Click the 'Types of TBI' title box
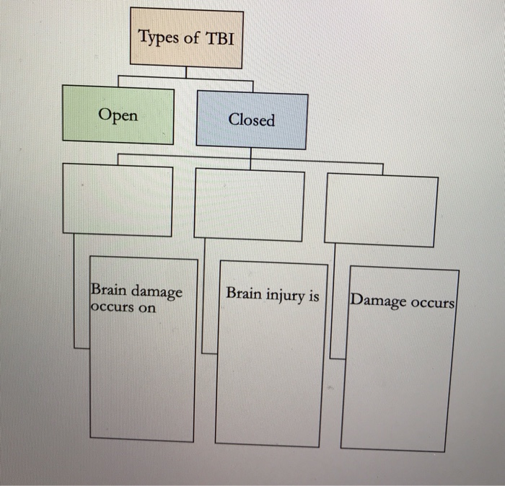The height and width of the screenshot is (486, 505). point(186,37)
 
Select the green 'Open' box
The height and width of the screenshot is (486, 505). point(118,115)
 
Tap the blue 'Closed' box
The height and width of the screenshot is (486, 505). point(252,120)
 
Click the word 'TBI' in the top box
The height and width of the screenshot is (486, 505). point(220,37)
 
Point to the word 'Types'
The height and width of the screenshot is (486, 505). point(159,37)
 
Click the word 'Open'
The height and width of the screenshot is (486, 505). point(118,115)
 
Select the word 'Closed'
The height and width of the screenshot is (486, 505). point(252,120)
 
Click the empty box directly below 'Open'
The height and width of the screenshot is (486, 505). point(118,200)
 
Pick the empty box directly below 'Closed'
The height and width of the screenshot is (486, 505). point(249,205)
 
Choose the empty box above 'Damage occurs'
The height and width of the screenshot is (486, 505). point(380,211)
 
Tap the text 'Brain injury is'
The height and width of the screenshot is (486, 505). point(272,294)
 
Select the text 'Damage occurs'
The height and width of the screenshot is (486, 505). point(402,301)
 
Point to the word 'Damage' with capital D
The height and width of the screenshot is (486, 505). point(377,300)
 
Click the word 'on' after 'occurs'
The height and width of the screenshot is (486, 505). point(146,308)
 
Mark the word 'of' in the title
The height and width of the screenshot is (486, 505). point(191,37)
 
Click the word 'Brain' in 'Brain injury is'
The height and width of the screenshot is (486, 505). point(242,293)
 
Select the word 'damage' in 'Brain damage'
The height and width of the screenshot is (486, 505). point(157,291)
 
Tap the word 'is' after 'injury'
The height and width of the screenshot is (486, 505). point(314,294)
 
